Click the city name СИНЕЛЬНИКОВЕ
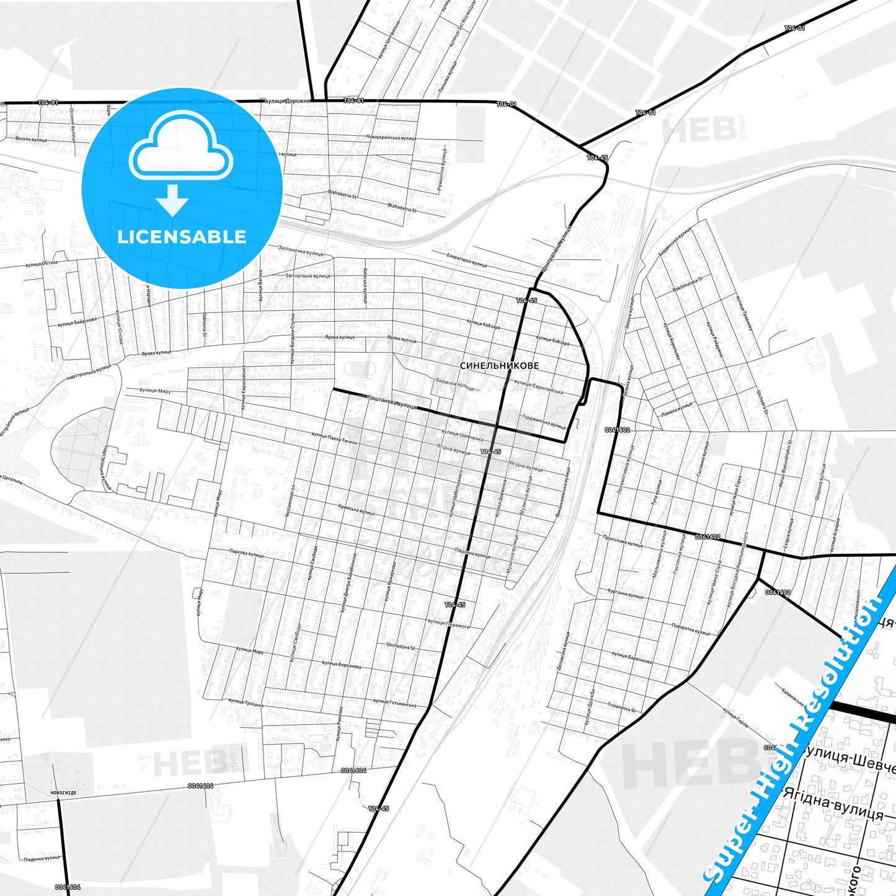point(499,366)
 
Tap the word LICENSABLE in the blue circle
point(182,237)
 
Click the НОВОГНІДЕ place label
point(63,792)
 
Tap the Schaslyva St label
point(401,646)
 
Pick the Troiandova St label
point(622,707)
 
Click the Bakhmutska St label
point(688,285)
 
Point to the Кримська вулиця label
point(357,510)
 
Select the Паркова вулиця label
point(246,552)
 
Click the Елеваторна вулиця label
point(467,260)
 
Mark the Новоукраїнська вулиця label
point(391,138)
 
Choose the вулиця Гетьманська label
point(394,703)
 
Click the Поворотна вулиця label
point(691,629)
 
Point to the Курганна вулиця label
point(626,594)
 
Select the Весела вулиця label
point(31,140)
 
